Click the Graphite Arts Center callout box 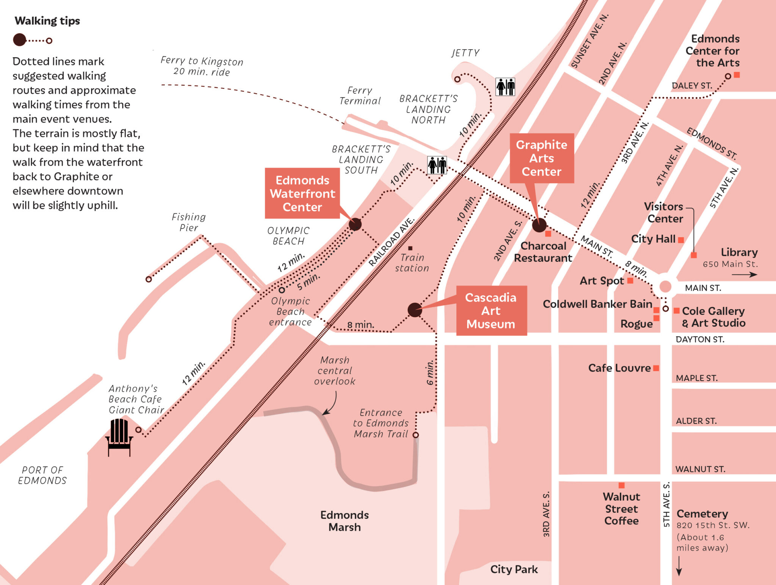click(541, 158)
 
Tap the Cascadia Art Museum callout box click(491, 311)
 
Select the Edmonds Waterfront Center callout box click(302, 193)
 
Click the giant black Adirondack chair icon click(119, 437)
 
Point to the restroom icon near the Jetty click(505, 87)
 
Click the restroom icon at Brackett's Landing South click(437, 165)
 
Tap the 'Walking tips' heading click(47, 21)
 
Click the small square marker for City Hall click(681, 240)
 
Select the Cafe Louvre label click(619, 368)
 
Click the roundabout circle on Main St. click(665, 286)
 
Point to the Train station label click(412, 263)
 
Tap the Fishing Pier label click(189, 222)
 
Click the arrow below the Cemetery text click(679, 566)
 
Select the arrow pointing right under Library click(744, 275)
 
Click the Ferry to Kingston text click(202, 66)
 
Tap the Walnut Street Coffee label click(621, 509)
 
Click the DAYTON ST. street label click(700, 339)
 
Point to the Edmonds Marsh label click(344, 521)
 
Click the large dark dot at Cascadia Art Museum click(415, 310)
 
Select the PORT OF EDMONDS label click(42, 475)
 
